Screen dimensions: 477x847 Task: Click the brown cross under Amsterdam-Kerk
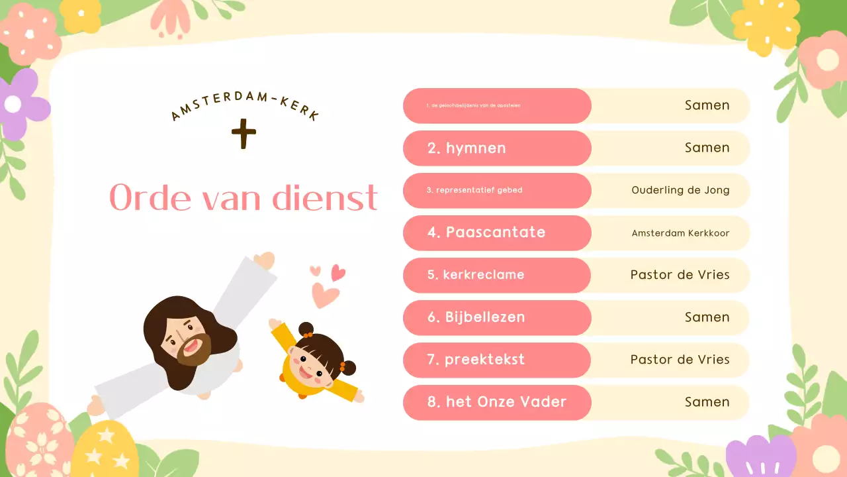point(244,134)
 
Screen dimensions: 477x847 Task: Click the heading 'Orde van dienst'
point(244,197)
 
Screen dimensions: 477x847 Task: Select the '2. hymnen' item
point(467,148)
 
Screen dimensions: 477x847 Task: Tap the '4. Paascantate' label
point(486,233)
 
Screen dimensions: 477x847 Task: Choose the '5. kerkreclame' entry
point(476,275)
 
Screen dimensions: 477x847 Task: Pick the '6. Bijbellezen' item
point(476,317)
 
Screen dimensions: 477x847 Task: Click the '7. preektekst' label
point(476,360)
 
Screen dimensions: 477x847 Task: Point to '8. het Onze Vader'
point(497,402)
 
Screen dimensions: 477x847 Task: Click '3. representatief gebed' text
point(474,190)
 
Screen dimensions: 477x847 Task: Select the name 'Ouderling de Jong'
point(680,190)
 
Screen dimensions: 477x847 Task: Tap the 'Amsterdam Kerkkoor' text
point(680,233)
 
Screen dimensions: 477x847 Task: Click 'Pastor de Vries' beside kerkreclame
point(680,275)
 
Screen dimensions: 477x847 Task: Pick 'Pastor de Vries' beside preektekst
point(680,360)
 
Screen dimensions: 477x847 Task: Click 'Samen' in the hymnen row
point(707,148)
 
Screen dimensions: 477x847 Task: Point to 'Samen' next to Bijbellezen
point(707,317)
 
